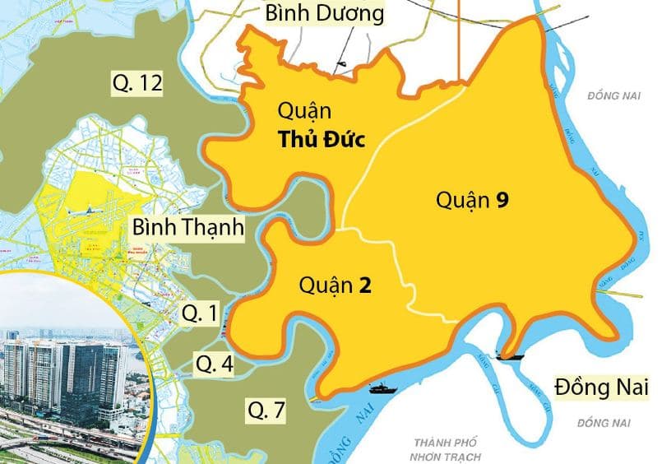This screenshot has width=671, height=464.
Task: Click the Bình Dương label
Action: [324, 14]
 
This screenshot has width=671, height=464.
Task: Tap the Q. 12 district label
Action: [137, 82]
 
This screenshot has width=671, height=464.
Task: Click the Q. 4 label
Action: [212, 362]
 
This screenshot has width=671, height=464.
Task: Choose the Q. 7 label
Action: [266, 410]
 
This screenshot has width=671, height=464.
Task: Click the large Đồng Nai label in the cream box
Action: [602, 386]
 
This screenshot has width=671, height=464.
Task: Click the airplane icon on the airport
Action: [85, 211]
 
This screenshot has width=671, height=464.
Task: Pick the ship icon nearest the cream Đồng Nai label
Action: [509, 356]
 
